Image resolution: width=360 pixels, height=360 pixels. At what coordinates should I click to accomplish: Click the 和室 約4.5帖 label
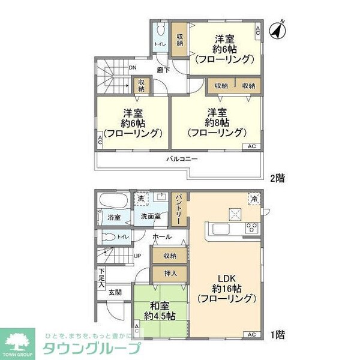[x=160, y=310]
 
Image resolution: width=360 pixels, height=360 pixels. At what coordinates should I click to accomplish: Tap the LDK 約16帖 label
[x=227, y=287]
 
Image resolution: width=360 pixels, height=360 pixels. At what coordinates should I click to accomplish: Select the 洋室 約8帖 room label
[x=217, y=122]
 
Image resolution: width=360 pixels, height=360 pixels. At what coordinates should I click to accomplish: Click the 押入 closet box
[x=170, y=274]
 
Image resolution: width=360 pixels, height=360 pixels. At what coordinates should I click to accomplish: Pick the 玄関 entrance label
[x=115, y=293]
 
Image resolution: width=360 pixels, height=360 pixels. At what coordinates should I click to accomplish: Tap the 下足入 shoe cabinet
[x=101, y=278]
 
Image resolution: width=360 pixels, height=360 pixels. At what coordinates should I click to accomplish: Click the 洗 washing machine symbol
[x=140, y=199]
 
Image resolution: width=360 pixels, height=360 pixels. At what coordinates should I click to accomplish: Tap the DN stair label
[x=133, y=68]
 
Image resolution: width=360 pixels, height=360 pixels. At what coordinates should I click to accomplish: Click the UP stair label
[x=137, y=254]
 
